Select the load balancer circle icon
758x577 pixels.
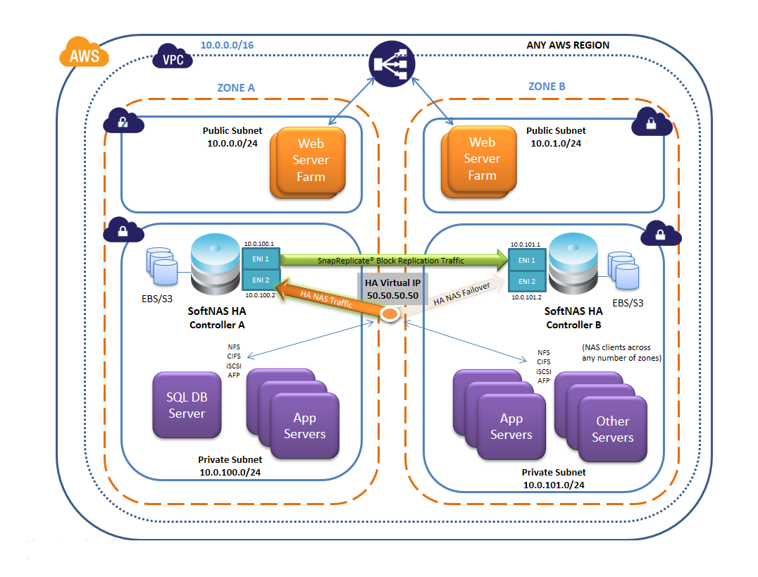tap(391, 66)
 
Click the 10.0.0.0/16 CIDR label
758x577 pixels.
tap(228, 45)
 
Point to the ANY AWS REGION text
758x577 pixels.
tap(568, 45)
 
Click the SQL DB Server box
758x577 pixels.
tap(187, 405)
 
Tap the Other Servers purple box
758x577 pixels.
tap(612, 428)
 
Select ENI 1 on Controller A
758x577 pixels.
tap(261, 259)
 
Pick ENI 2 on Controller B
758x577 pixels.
tap(526, 282)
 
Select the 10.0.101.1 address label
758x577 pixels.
tap(526, 244)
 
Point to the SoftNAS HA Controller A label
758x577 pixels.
tap(221, 318)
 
